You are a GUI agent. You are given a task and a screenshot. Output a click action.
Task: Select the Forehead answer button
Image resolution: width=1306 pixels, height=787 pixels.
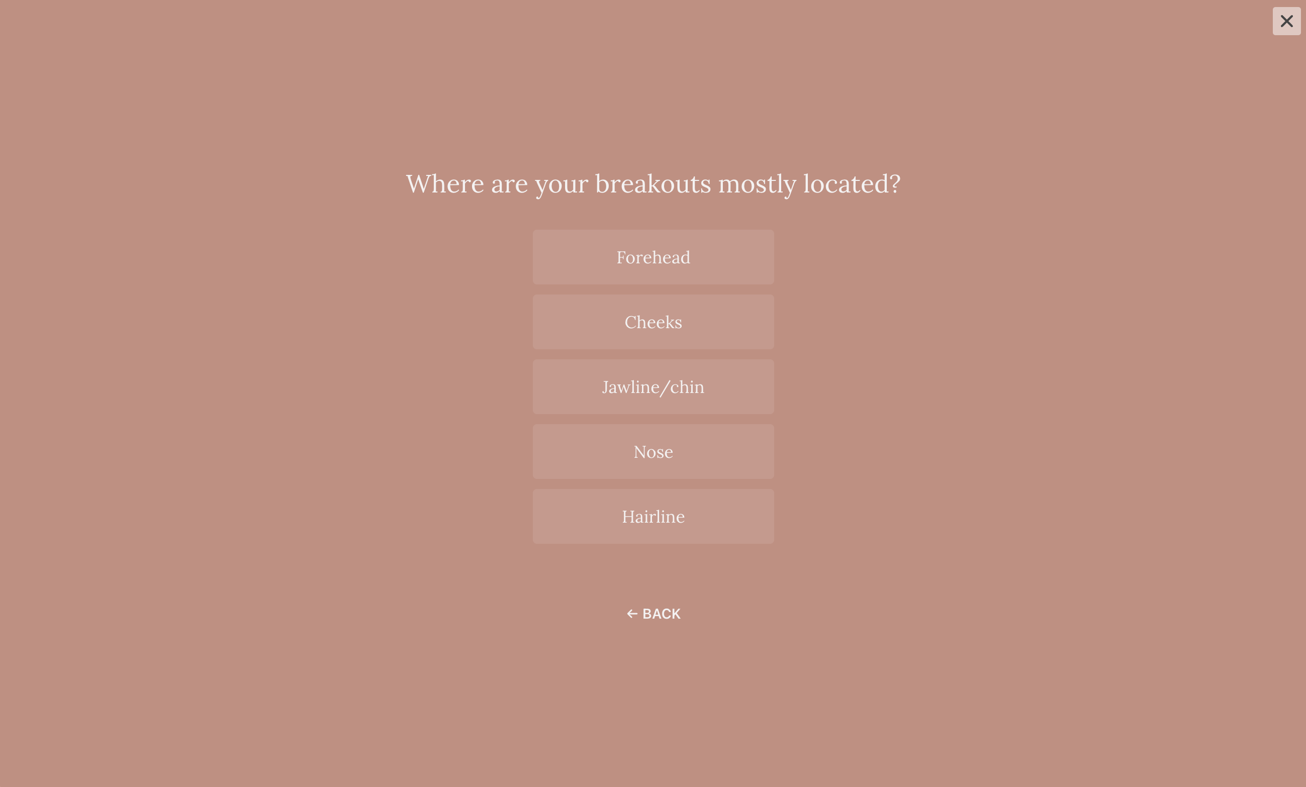653,257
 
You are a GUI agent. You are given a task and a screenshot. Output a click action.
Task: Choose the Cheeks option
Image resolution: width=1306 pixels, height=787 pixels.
653,322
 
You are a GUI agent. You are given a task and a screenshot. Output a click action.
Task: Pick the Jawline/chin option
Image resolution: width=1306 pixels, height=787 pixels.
653,387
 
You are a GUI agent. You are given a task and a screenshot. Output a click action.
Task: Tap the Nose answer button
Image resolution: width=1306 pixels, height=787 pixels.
653,451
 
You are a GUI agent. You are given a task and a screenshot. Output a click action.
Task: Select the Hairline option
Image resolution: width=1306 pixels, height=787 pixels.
653,516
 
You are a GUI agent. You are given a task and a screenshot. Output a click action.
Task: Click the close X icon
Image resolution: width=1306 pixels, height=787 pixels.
1286,21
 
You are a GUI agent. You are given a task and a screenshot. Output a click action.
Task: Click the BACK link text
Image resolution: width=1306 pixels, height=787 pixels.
662,614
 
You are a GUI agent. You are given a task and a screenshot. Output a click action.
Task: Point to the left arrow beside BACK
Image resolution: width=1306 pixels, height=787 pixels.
632,614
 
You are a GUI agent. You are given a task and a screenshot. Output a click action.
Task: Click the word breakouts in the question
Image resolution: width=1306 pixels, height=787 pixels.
653,184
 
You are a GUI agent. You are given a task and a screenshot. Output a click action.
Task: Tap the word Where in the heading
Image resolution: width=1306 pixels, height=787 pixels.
445,184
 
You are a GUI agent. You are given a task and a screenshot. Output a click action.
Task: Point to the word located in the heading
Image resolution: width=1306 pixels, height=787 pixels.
846,184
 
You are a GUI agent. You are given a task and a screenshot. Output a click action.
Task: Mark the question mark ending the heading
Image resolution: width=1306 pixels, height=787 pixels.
895,184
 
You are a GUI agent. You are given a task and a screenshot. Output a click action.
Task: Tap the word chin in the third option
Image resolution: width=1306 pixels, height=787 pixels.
688,387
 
